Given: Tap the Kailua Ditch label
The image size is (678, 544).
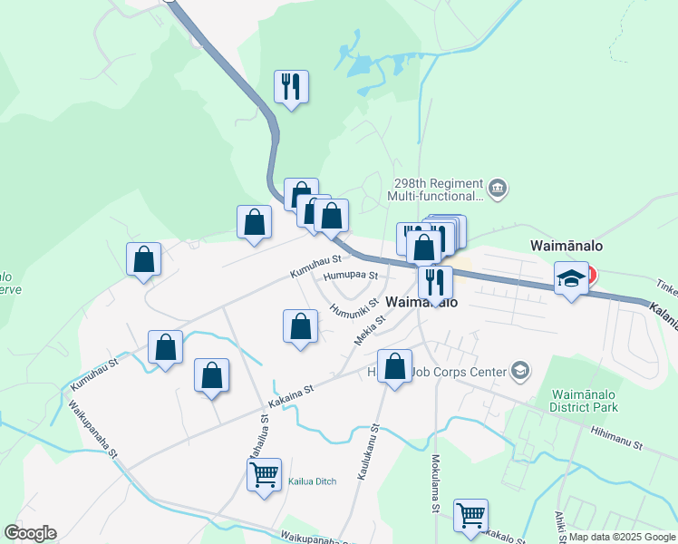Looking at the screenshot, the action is coord(312,481).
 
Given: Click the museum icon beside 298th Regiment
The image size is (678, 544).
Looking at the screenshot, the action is coord(498,189).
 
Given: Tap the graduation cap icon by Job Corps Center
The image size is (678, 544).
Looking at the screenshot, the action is coord(519,369).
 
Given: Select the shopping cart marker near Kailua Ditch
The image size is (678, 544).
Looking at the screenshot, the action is coord(264,473).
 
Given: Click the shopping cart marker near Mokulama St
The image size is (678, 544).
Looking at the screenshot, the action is coord(470,514).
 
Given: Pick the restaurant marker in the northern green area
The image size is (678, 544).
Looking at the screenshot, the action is coord(291,87).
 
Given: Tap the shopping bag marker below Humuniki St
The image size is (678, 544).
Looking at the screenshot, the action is coord(300,325).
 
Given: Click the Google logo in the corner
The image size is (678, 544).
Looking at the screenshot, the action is coord(30,533).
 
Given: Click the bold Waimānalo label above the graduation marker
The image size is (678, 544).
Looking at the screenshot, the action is coord(567,245).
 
